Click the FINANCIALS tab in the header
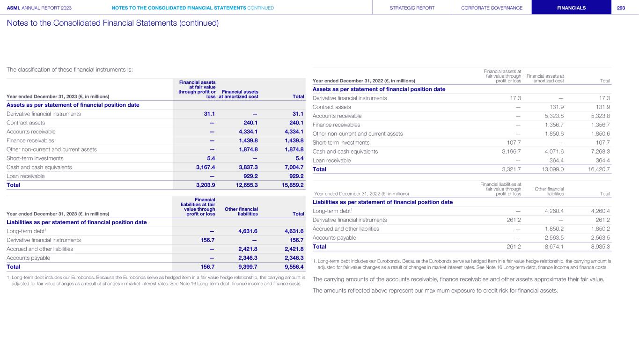pos(571,7)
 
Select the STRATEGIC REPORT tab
pos(412,7)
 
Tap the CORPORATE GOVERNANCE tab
pos(492,7)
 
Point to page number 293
pos(621,7)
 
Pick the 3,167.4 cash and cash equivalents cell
pos(204,167)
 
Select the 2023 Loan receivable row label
pos(26,176)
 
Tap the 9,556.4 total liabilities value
pos(292,267)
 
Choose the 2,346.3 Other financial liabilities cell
pos(248,258)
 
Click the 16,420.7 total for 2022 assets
pos(597,169)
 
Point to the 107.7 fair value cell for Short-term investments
pos(512,143)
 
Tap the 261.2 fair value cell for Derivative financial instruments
pos(512,220)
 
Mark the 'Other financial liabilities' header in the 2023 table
pos(242,211)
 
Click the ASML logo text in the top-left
pos(14,7)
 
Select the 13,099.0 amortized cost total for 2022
pos(552,169)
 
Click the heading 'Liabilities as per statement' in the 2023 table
pos(77,222)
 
